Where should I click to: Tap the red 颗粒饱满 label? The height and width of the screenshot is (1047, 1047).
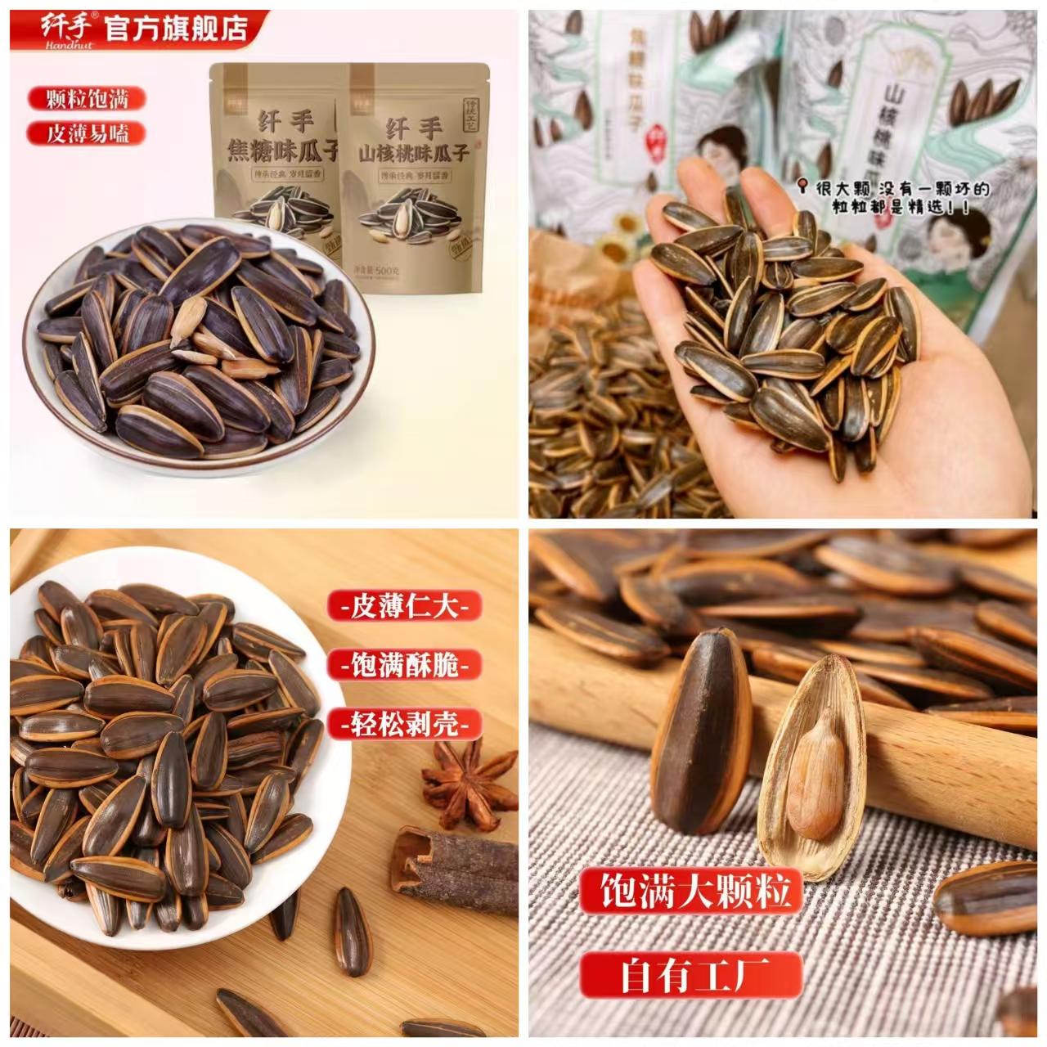coord(86,100)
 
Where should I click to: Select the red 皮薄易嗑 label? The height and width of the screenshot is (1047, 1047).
coord(86,133)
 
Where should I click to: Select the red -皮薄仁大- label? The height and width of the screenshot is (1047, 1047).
coord(405,607)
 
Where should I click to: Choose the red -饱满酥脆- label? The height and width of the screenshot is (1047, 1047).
coord(405,665)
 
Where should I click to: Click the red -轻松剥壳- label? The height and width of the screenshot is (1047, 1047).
coord(405,723)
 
